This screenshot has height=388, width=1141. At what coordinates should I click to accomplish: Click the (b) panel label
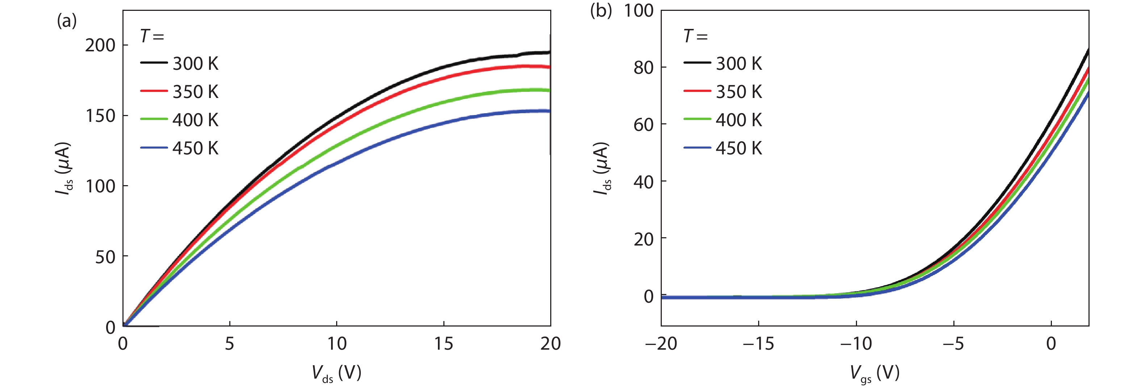(x=601, y=10)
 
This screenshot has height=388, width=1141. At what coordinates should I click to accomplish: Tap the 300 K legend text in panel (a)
(x=195, y=64)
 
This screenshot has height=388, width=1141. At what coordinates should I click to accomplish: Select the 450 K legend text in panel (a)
(x=195, y=148)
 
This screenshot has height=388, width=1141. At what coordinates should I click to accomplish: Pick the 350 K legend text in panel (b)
(x=739, y=92)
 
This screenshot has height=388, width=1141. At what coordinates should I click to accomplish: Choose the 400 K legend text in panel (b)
(x=739, y=120)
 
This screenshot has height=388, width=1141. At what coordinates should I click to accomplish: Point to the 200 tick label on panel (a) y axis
(x=100, y=45)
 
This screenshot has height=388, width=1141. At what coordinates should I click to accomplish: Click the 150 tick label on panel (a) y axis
(x=100, y=116)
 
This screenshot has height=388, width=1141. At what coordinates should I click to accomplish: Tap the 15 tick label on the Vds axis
(x=443, y=344)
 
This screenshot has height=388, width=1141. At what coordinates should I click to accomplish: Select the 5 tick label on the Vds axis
(x=229, y=344)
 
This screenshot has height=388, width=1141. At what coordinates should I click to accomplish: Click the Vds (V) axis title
(x=336, y=373)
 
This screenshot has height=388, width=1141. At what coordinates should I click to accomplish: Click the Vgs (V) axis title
(x=874, y=373)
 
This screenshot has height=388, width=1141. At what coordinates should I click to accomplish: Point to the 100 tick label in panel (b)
(x=638, y=10)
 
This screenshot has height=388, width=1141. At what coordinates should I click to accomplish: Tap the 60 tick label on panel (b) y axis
(x=644, y=125)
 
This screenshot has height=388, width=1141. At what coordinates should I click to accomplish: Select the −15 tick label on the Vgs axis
(x=758, y=344)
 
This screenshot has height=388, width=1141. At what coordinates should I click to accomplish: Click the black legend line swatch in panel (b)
(x=697, y=63)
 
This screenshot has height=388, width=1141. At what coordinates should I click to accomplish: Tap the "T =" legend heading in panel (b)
(x=695, y=36)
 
